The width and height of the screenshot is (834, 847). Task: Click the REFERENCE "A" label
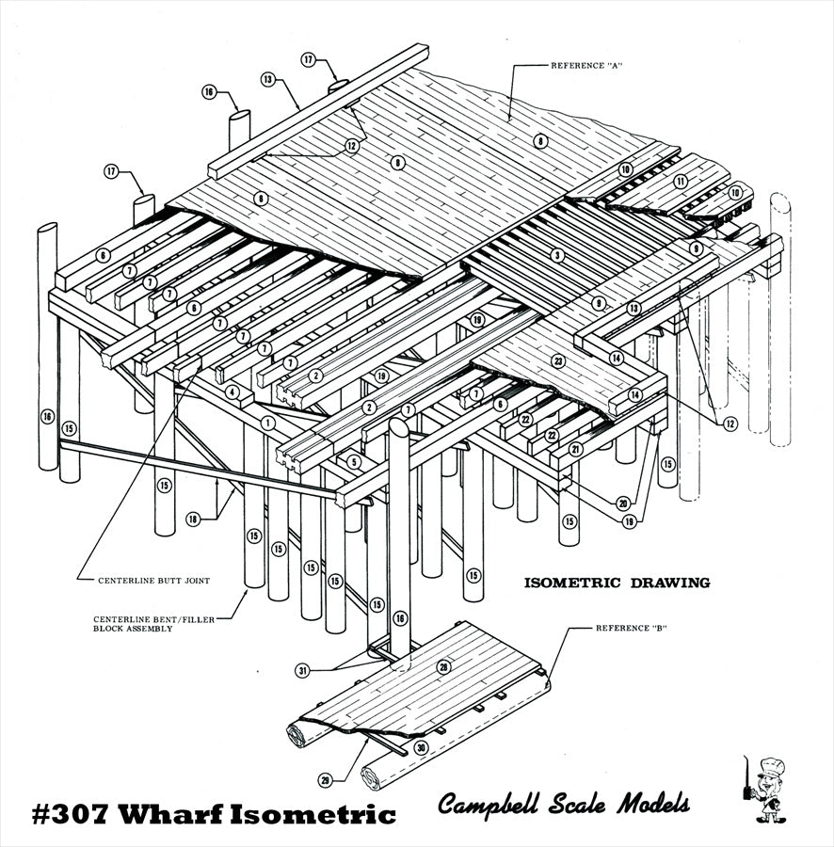tap(588, 65)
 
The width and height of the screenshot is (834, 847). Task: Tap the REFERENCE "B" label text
tap(632, 628)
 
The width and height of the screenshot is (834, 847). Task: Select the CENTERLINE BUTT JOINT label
tap(153, 581)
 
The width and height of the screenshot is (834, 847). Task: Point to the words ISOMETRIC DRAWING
tap(617, 583)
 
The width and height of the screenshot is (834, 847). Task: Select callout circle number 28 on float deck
tap(443, 666)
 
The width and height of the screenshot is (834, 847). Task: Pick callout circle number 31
tap(302, 671)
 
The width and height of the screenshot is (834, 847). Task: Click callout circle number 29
tap(326, 779)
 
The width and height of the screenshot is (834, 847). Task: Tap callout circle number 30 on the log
tap(420, 748)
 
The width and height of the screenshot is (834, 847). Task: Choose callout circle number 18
tap(193, 519)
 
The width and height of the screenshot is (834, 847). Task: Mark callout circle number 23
tap(558, 360)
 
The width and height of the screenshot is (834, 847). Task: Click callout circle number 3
tap(557, 255)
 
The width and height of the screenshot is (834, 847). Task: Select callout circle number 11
tap(680, 180)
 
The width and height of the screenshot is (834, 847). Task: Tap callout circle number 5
tap(353, 461)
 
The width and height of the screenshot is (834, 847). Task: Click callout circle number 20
tap(622, 503)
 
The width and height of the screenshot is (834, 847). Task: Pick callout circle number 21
tap(574, 450)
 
